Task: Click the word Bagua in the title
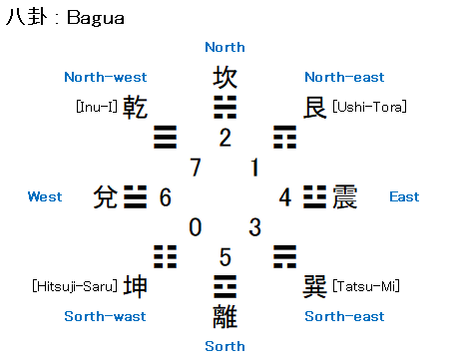point(96,18)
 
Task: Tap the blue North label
point(225,47)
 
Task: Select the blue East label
point(404,196)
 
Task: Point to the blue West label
point(45,196)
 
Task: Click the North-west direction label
point(106,77)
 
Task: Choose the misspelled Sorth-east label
point(344,316)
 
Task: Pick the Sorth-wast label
point(105,316)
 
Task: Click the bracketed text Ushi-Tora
point(369,107)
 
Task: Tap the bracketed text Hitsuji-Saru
point(75,286)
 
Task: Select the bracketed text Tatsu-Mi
point(366,286)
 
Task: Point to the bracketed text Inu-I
point(97,107)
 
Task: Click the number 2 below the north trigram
point(225,138)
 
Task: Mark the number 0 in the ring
point(196,227)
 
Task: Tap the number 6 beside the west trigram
point(166,197)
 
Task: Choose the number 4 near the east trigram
point(285,197)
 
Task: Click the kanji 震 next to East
point(345,196)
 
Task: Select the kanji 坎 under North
point(225,77)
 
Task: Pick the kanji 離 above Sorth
point(225,316)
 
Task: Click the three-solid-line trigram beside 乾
point(166,137)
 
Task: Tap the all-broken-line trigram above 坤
point(166,256)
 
